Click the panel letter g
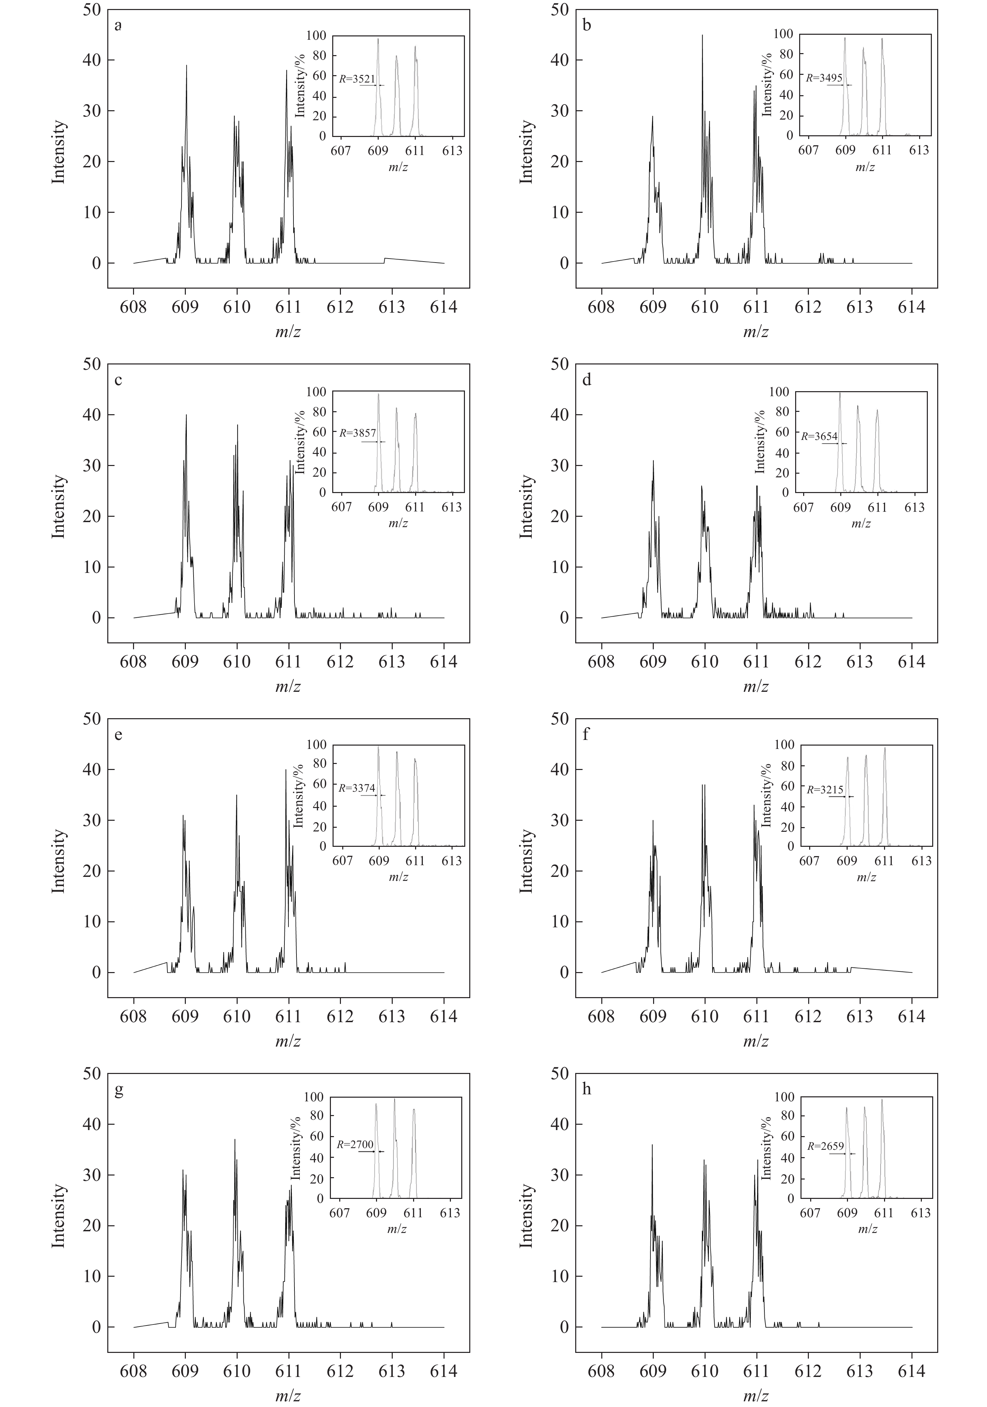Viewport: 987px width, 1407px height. coord(119,1090)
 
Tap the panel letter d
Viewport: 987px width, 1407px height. coord(587,380)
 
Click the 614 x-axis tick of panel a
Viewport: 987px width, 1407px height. coord(444,307)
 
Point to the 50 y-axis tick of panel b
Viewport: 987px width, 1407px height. coord(560,10)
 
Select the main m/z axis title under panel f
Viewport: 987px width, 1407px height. coord(756,1041)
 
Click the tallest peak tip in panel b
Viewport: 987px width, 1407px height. coord(703,35)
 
